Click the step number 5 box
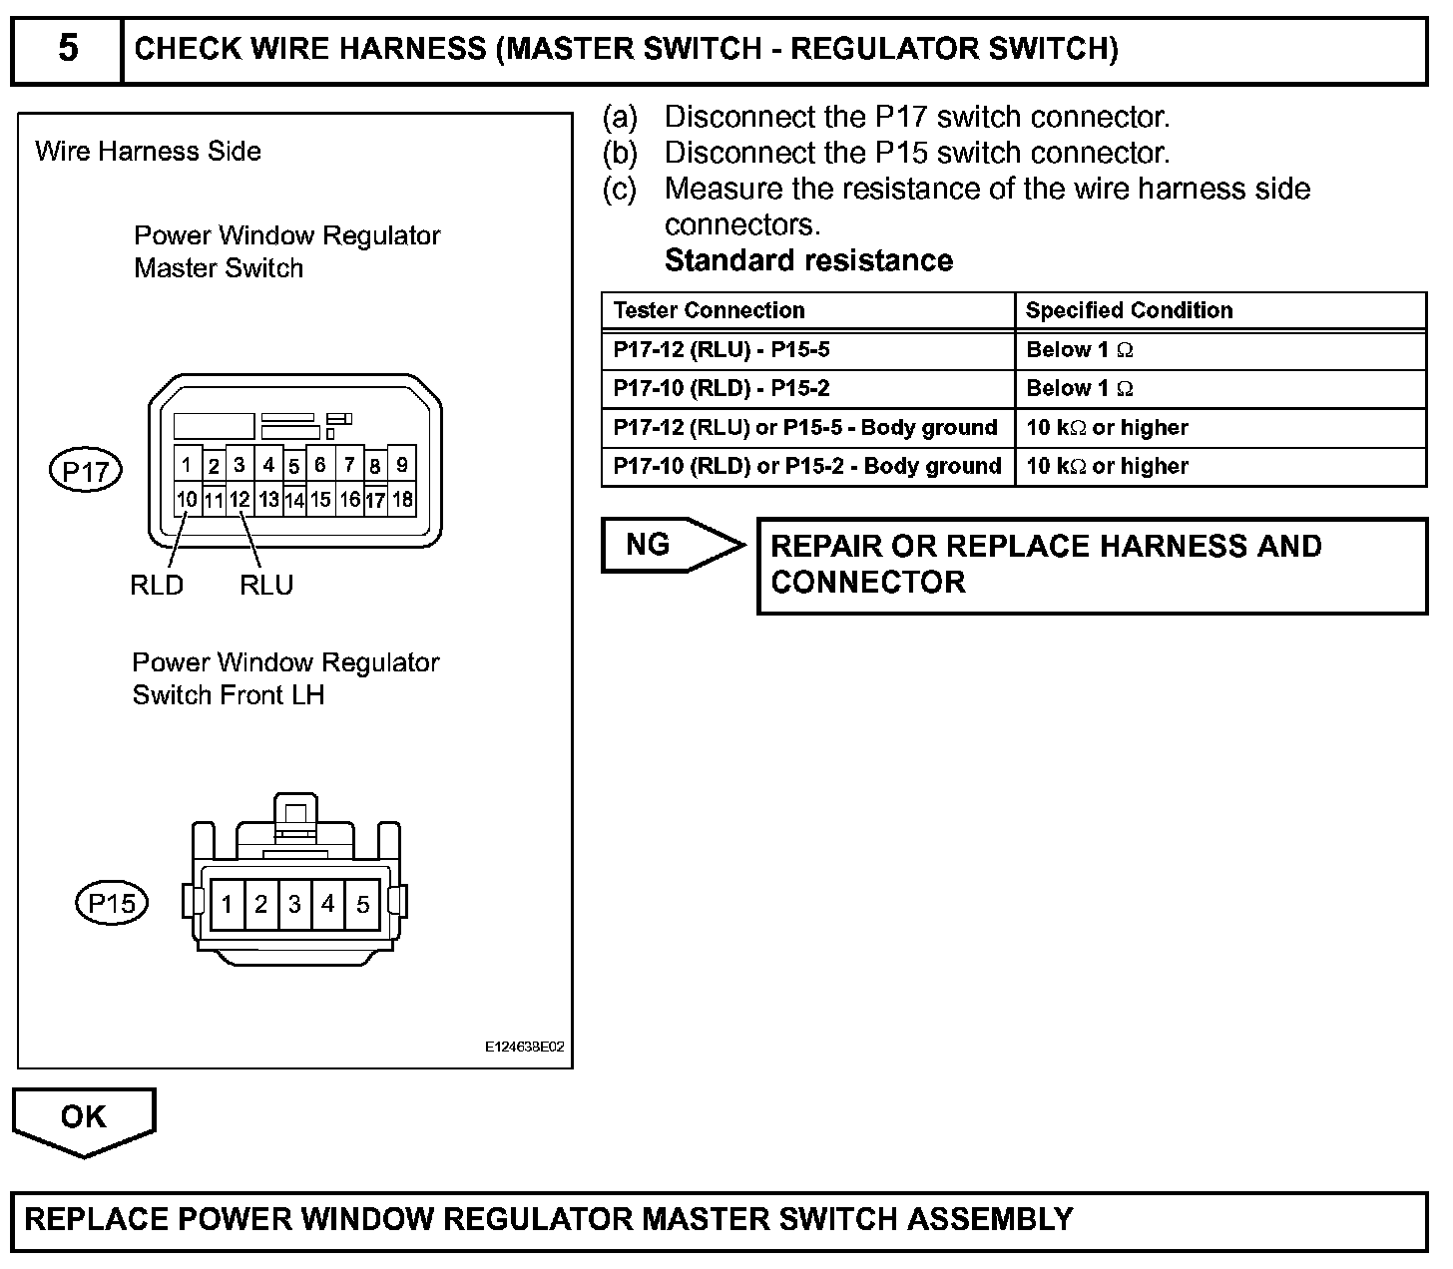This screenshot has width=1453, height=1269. pyautogui.click(x=67, y=49)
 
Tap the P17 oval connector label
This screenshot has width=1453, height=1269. pyautogui.click(x=86, y=471)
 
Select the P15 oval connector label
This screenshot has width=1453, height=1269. pyautogui.click(x=112, y=904)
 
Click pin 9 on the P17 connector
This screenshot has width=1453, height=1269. pyautogui.click(x=402, y=465)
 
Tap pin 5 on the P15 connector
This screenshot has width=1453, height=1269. pyautogui.click(x=362, y=905)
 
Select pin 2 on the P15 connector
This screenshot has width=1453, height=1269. pyautogui.click(x=260, y=905)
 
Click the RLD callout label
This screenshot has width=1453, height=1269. pyautogui.click(x=157, y=586)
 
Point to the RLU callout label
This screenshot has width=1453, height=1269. pyautogui.click(x=266, y=586)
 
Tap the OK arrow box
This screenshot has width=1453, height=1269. pyautogui.click(x=84, y=1118)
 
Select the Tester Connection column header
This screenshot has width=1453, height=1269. pyautogui.click(x=709, y=310)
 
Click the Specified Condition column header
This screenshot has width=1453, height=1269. pyautogui.click(x=1129, y=310)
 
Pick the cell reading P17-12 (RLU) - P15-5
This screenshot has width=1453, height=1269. pyautogui.click(x=721, y=350)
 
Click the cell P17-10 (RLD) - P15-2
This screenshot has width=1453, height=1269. pyautogui.click(x=721, y=389)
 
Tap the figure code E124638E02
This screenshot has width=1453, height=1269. pyautogui.click(x=525, y=1049)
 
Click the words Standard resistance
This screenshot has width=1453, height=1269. pyautogui.click(x=808, y=260)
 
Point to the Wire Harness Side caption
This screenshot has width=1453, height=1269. pyautogui.click(x=148, y=152)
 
